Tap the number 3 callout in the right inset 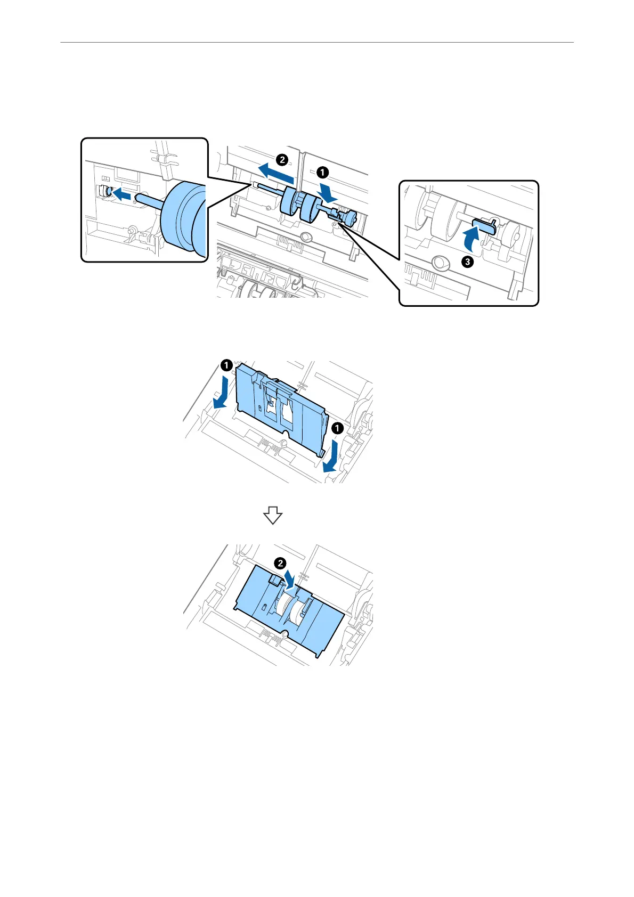(467, 262)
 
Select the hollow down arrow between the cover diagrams (272, 515)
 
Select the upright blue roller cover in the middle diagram (277, 405)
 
